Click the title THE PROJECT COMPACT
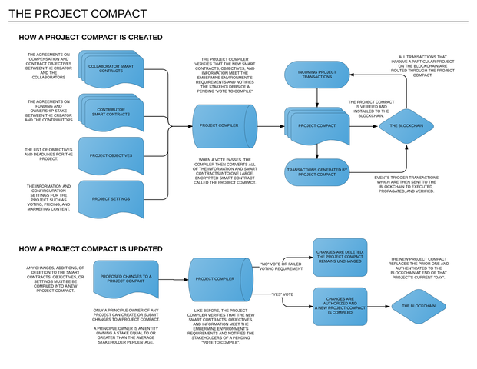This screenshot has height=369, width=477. click(76, 14)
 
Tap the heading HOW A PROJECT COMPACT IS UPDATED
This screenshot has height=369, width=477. click(91, 249)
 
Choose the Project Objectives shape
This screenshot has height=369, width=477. click(111, 155)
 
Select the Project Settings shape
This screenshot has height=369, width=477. click(111, 199)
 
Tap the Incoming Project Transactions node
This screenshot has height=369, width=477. click(316, 74)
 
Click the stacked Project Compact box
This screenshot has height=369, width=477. click(316, 125)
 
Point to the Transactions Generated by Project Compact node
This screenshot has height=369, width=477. click(316, 172)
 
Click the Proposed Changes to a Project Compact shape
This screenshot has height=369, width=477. click(125, 278)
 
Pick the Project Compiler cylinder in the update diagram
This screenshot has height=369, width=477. click(217, 279)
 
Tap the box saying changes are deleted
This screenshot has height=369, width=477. click(340, 258)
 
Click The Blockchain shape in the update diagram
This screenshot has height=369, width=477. click(418, 306)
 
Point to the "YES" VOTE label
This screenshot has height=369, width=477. click(283, 294)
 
